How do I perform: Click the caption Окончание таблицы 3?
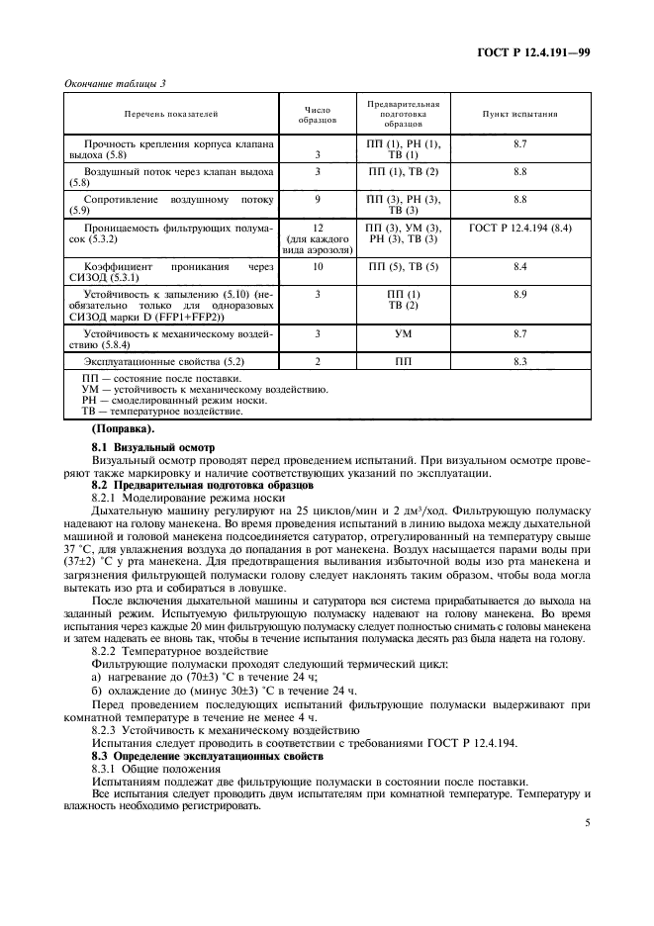coord(115,83)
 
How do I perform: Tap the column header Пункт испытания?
coord(520,114)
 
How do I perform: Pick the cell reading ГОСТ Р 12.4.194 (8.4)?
coord(520,228)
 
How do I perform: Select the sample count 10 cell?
coord(318,267)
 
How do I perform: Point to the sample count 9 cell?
coord(318,199)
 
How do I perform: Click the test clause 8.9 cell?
coord(520,295)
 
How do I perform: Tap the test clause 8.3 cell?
coord(520,363)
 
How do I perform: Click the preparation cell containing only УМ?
coord(403,334)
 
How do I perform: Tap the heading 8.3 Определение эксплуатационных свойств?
coord(212,756)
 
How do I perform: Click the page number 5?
coord(587,820)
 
